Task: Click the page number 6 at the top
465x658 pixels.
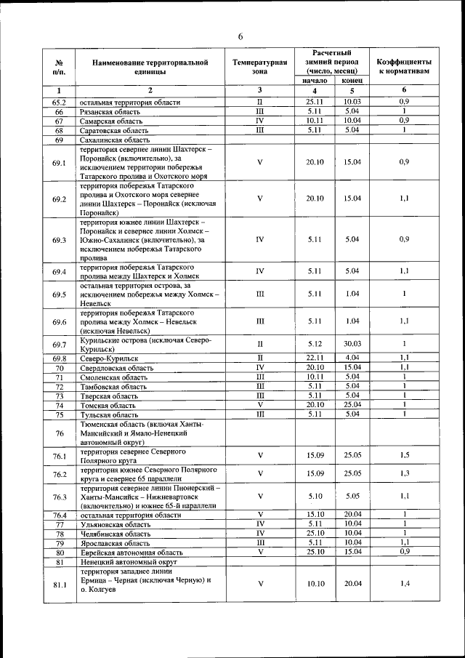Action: point(240,37)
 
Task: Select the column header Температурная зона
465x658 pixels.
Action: point(259,67)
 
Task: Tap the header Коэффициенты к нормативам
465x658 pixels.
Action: point(404,67)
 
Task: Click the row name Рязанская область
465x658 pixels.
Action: point(110,112)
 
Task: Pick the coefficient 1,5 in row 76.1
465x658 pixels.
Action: point(404,454)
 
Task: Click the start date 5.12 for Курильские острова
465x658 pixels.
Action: point(314,344)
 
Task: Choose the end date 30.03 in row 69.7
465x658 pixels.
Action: point(352,344)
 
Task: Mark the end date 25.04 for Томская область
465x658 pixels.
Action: point(352,404)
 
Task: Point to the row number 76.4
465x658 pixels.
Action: point(60,515)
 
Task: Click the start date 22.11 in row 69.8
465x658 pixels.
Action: point(314,358)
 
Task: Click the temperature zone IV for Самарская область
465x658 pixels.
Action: point(259,121)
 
